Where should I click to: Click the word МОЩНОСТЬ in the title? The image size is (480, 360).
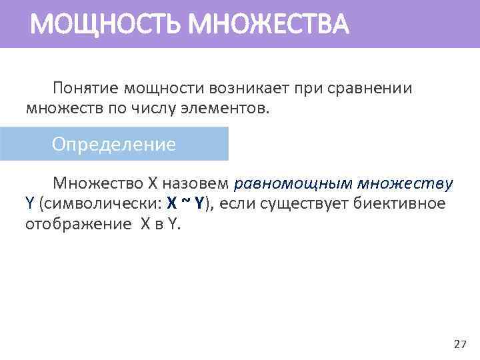106,25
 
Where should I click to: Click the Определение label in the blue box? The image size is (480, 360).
114,144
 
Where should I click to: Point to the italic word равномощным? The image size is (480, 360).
293,183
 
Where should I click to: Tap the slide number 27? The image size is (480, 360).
459,344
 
